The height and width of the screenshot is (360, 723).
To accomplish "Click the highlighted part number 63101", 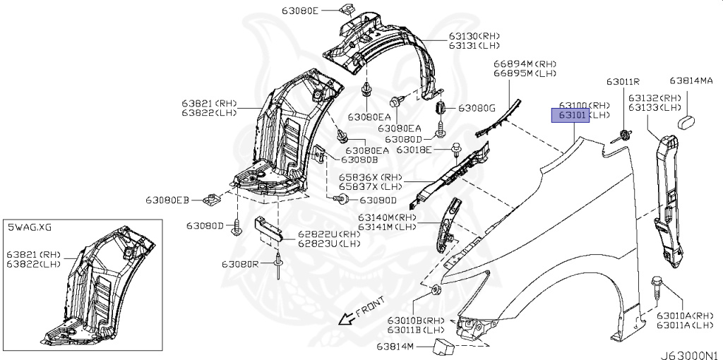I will pos(572,115).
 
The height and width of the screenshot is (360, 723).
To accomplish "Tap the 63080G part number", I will pos(477,108).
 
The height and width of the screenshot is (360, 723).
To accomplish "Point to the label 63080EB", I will pos(168,200).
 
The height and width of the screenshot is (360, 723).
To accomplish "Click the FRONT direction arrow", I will pos(346,318).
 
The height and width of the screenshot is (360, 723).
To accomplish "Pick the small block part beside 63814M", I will pos(442,347).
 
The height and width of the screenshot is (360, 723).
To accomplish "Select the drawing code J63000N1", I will pos(691,355).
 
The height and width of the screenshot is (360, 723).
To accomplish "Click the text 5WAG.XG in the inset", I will pos(30,227).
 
